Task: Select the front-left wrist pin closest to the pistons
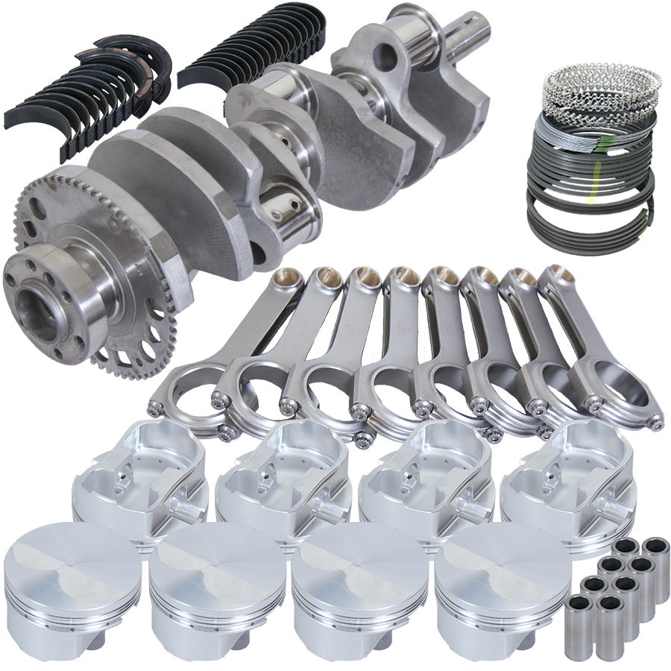[x=580, y=623]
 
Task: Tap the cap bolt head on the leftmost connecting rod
[x=155, y=408]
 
